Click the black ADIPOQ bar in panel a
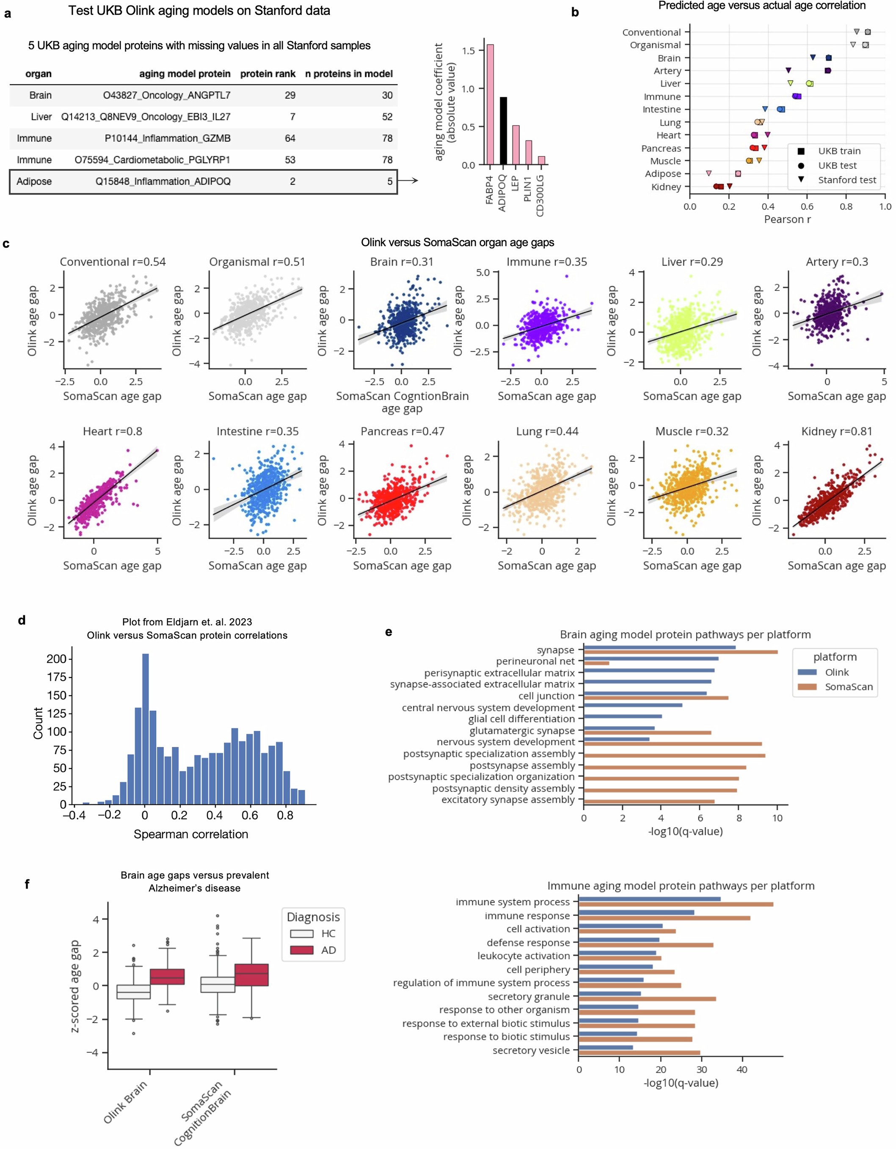503,132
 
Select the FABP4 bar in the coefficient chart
490,105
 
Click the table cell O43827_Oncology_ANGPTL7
166,95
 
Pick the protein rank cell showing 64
289,138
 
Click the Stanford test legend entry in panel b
846,180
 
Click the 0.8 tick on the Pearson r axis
846,207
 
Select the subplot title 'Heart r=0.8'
112,431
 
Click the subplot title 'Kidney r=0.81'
836,431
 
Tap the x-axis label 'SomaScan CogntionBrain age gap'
402,402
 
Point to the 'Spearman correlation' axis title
190,834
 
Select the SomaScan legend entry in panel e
849,686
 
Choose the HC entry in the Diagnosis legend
328,933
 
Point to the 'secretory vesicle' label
531,1050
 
